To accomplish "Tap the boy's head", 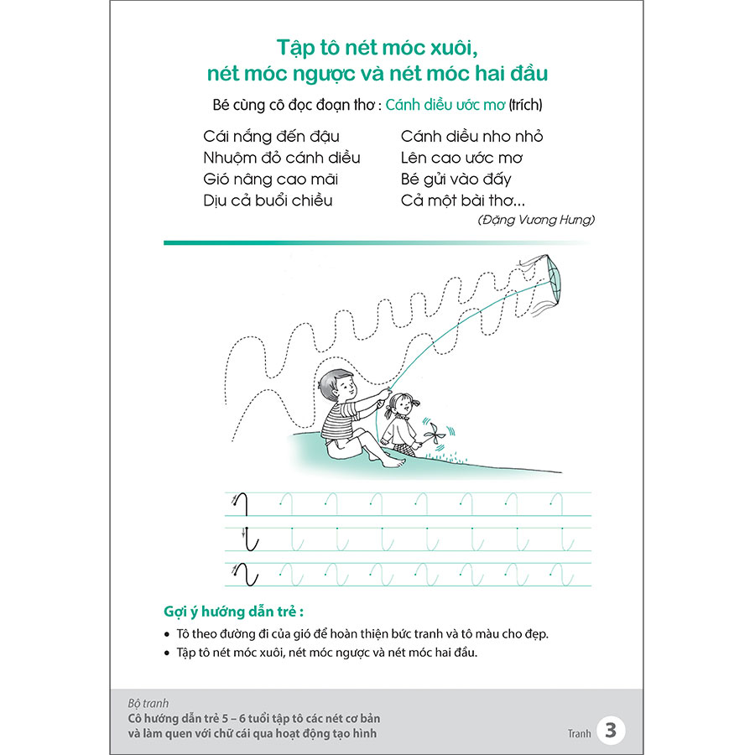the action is point(338,385).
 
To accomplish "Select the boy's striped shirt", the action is point(339,420).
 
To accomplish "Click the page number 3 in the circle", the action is point(611,730).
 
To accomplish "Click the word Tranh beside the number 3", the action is point(579,733).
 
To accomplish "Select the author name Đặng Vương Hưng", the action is point(536,220).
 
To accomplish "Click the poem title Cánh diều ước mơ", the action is point(445,105).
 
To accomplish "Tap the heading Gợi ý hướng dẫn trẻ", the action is point(233,612).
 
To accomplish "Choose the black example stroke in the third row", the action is point(247,574).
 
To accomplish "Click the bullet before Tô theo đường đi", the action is point(167,634).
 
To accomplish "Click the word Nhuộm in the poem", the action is point(232,159).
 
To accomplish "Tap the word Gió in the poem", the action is point(216,180).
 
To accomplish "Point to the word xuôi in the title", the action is point(454,48).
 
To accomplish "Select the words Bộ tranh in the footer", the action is point(148,704).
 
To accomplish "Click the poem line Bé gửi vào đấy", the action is point(456,180).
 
